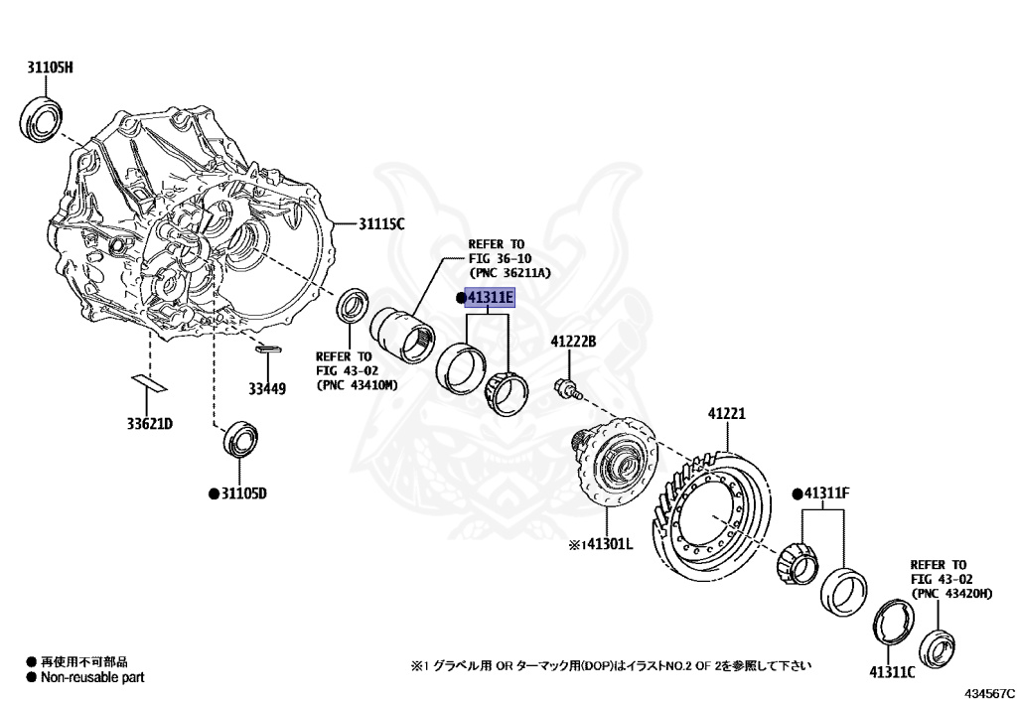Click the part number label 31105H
[50, 68]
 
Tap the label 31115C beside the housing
[381, 224]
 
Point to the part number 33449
[267, 389]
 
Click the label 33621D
[149, 424]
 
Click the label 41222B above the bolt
[573, 343]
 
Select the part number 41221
[726, 413]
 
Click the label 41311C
[891, 671]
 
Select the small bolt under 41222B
[564, 387]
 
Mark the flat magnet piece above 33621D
[149, 383]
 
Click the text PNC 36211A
[509, 273]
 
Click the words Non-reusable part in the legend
[91, 677]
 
